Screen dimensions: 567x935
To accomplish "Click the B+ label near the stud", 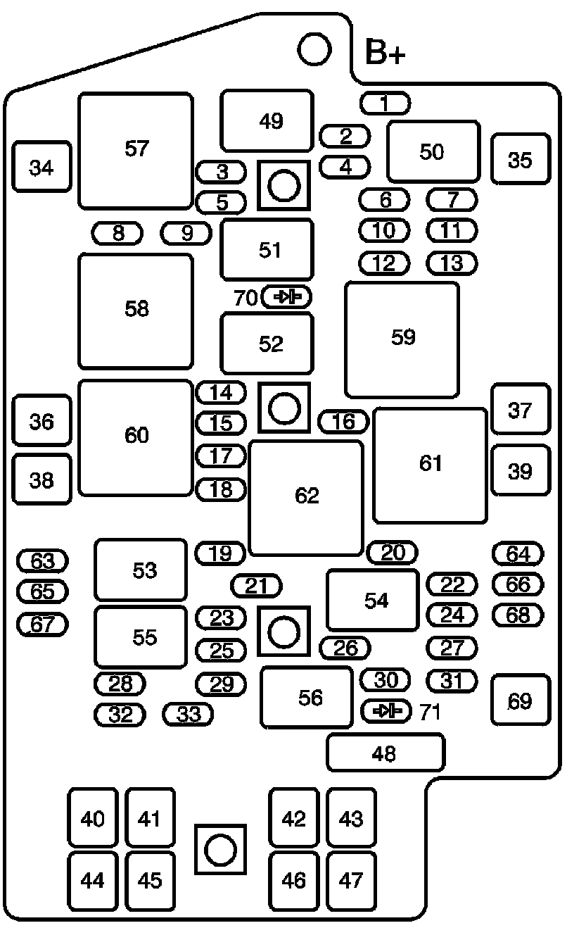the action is click(x=385, y=52).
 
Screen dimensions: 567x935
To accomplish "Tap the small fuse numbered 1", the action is click(x=386, y=103).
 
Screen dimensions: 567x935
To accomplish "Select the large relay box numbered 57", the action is click(x=136, y=150).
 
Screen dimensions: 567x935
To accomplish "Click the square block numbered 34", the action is click(x=42, y=167).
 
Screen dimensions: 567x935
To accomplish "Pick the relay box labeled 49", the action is click(x=267, y=120).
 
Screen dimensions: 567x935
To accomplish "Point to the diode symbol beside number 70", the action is click(x=287, y=297).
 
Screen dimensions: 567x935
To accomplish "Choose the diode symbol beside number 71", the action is click(x=386, y=711).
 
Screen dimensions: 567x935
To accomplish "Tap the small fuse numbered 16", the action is click(x=343, y=421).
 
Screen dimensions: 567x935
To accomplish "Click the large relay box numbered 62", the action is click(x=306, y=498).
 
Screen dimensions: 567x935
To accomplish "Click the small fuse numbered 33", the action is click(x=188, y=714).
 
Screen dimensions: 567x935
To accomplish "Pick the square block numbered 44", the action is click(x=93, y=881).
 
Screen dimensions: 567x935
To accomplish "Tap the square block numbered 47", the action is click(x=352, y=881).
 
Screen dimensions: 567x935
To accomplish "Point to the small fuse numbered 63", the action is click(x=42, y=560).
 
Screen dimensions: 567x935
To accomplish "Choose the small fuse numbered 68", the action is click(x=518, y=615).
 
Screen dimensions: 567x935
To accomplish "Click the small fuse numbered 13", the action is click(x=452, y=263).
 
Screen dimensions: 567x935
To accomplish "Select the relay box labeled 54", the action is click(x=373, y=600).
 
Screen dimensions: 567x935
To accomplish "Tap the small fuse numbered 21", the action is click(x=256, y=586).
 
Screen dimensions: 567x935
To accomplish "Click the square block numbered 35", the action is click(x=521, y=158).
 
